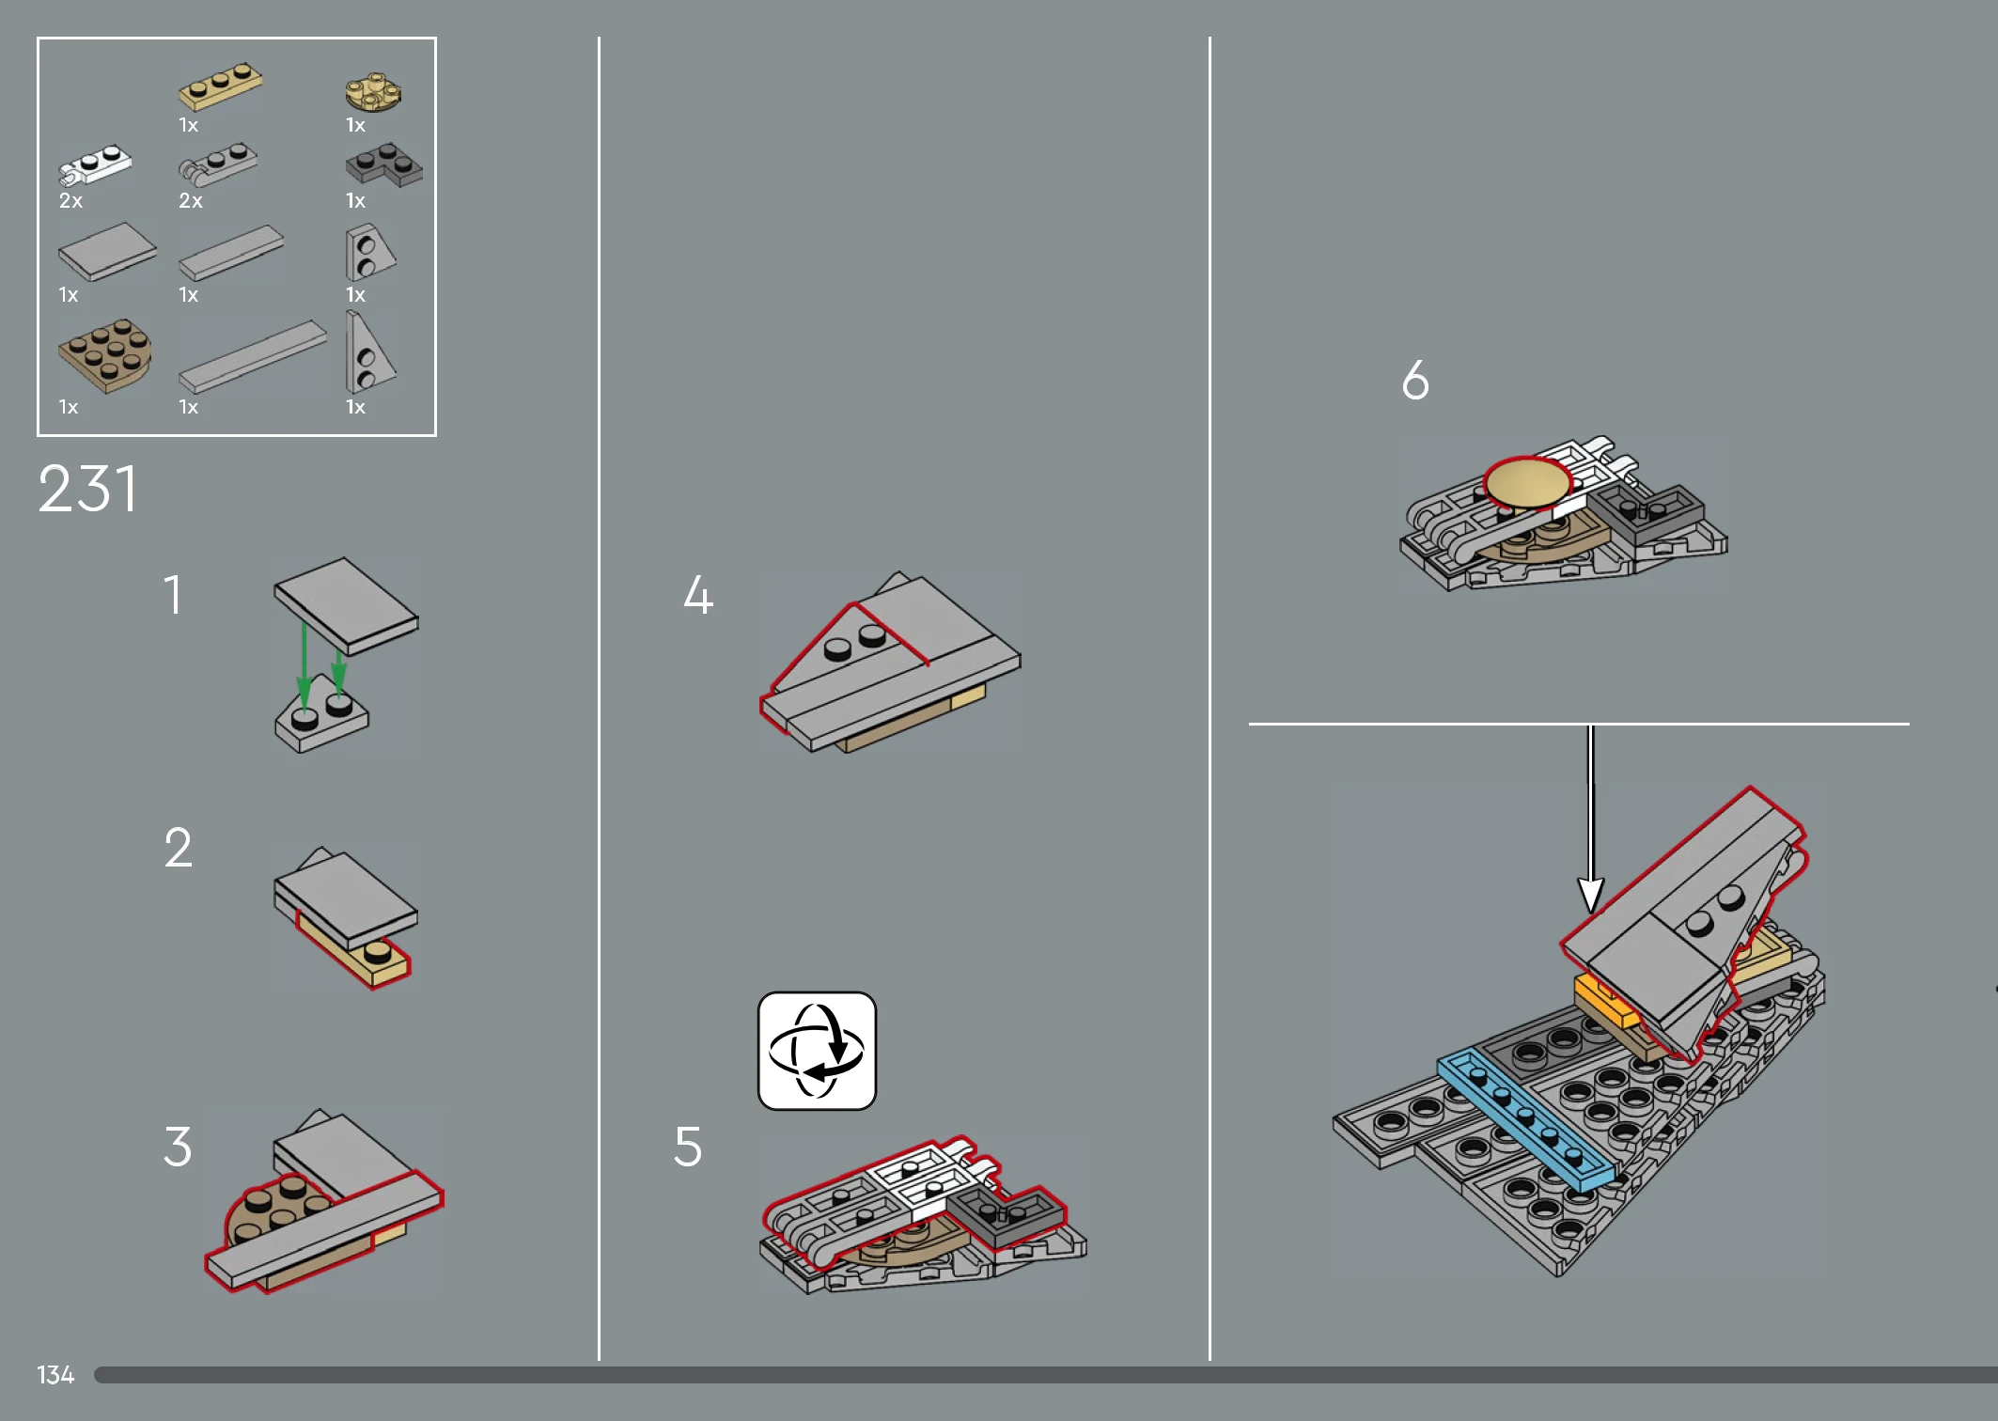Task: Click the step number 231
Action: pyautogui.click(x=88, y=489)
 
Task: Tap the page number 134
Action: pyautogui.click(x=55, y=1375)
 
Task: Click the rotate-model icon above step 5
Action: pyautogui.click(x=817, y=1051)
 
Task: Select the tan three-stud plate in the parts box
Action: pyautogui.click(x=221, y=86)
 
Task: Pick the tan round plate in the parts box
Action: pyautogui.click(x=373, y=92)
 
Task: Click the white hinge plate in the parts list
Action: pyautogui.click(x=94, y=166)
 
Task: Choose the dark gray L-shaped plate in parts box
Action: pyautogui.click(x=383, y=165)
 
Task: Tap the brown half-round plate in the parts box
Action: pyautogui.click(x=105, y=355)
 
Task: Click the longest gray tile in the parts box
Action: pyautogui.click(x=253, y=356)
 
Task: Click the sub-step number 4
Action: pyautogui.click(x=698, y=594)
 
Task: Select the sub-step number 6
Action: pyautogui.click(x=1415, y=380)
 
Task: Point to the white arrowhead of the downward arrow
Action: pyautogui.click(x=1590, y=895)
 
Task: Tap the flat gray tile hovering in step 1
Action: pyautogui.click(x=346, y=605)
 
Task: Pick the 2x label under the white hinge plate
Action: pyautogui.click(x=70, y=200)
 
